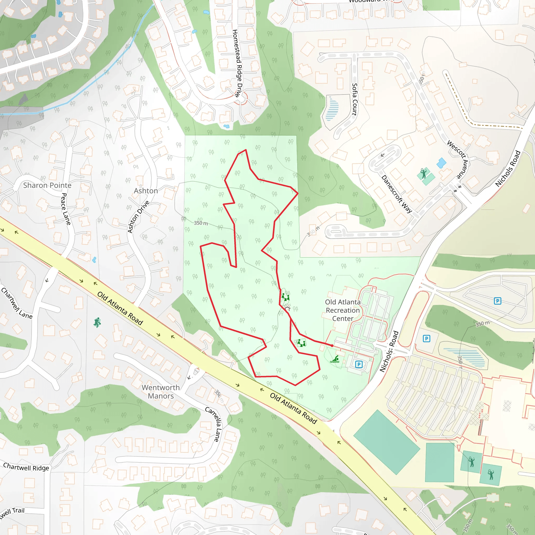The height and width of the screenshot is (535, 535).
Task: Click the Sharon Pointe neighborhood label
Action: click(47, 185)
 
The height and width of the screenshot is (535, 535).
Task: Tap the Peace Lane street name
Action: click(66, 209)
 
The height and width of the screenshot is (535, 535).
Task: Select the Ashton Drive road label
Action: click(138, 217)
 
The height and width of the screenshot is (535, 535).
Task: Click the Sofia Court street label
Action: click(354, 99)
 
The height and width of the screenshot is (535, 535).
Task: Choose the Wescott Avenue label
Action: click(458, 159)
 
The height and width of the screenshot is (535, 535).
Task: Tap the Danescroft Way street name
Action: click(397, 194)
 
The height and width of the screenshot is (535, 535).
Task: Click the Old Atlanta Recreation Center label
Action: click(342, 310)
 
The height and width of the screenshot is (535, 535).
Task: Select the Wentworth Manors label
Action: click(161, 392)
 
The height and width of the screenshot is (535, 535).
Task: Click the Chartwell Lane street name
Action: click(17, 304)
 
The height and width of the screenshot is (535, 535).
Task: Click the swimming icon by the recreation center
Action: click(335, 359)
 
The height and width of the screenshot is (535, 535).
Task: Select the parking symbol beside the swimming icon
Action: click(359, 364)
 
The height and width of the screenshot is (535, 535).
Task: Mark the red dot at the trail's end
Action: click(332, 346)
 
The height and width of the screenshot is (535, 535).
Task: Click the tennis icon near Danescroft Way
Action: click(423, 174)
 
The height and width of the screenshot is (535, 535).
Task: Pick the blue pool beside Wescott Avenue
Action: click(441, 163)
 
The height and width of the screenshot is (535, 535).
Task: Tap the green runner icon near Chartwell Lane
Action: click(97, 322)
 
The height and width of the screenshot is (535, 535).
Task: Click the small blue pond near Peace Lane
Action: click(94, 260)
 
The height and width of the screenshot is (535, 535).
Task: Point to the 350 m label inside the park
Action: click(201, 223)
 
